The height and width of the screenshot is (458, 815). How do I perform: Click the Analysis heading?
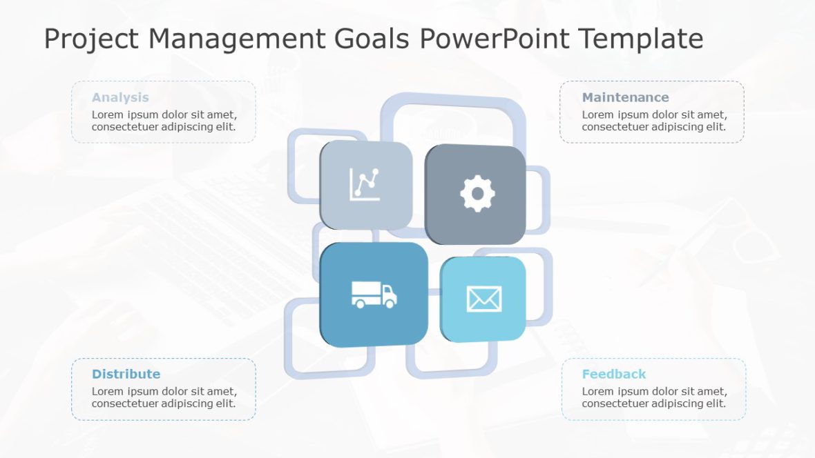(120, 97)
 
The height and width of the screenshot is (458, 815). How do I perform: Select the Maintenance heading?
(625, 97)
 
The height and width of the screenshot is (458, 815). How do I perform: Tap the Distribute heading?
(126, 374)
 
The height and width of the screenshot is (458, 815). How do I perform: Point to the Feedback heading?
(613, 374)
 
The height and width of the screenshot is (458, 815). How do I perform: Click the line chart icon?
(365, 185)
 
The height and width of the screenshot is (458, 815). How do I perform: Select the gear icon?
(477, 194)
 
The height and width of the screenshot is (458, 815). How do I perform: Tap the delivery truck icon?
(374, 295)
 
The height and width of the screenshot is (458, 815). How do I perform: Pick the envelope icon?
(483, 299)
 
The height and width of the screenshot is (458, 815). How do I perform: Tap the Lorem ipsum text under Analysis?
(164, 121)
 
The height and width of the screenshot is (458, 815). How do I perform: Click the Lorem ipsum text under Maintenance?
(654, 121)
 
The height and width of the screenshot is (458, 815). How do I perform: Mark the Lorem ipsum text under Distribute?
(164, 397)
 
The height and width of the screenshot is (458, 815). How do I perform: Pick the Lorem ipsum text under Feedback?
(654, 397)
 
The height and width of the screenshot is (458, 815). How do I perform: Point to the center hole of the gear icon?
(477, 194)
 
